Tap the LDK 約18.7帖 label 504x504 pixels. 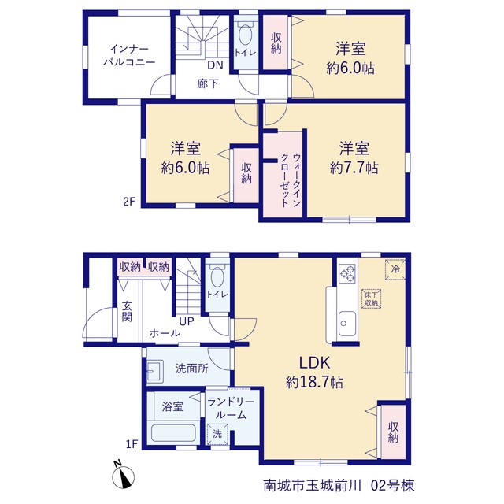tap(314, 372)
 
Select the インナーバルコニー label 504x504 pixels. tap(129, 55)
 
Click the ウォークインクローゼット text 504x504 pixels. tap(291, 180)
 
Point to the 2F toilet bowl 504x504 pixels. tap(246, 35)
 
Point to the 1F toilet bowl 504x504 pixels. tap(217, 276)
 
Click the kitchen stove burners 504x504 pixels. tap(348, 273)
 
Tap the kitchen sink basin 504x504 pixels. tap(346, 324)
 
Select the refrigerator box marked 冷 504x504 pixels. tap(395, 269)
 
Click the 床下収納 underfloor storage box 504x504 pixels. tap(371, 299)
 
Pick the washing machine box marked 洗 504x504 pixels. tap(217, 434)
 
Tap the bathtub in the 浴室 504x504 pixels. tap(173, 432)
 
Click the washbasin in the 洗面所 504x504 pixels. tap(155, 371)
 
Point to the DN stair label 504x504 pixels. tap(215, 65)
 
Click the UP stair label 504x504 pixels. tap(187, 321)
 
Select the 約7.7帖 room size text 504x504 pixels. tap(354, 168)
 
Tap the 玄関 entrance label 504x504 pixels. tap(127, 311)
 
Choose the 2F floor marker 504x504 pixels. tap(129, 202)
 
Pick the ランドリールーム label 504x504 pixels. tap(231, 408)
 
